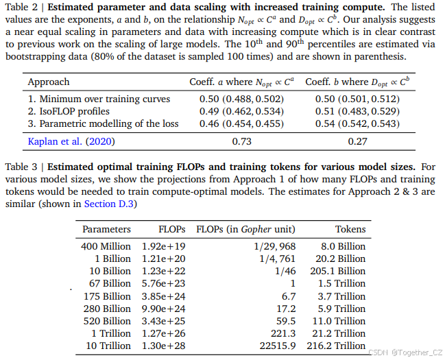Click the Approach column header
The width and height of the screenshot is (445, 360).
(49, 82)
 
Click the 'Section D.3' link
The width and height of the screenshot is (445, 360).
(108, 204)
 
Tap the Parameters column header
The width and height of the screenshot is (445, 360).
(106, 229)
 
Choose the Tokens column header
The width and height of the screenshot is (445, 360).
(350, 229)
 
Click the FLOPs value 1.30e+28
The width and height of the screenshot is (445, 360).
(163, 346)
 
